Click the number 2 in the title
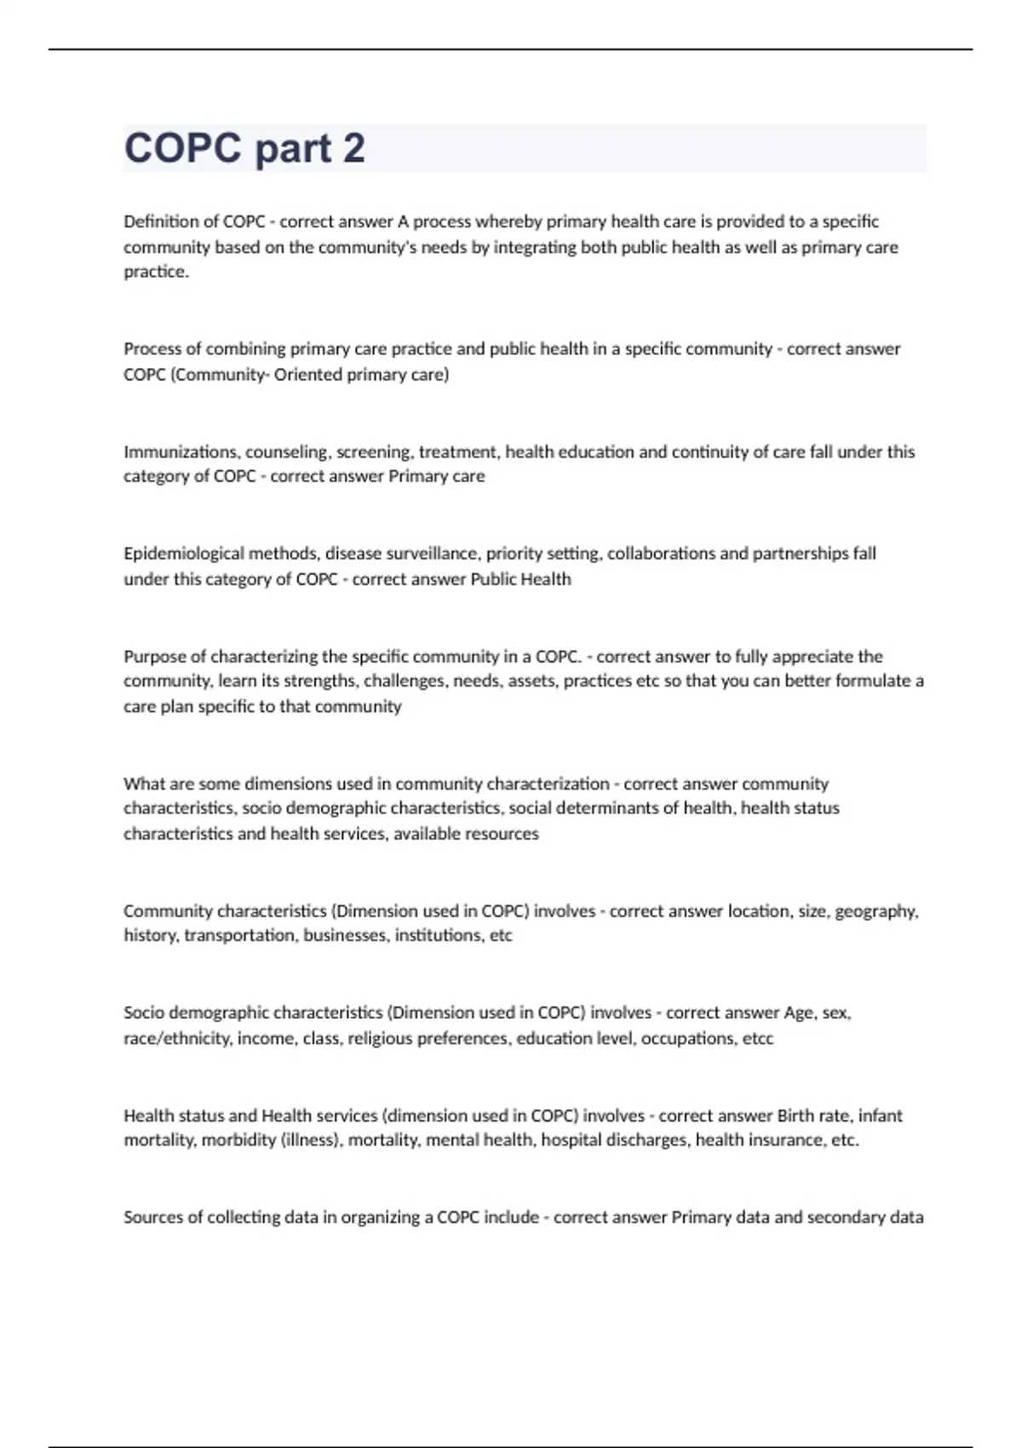coord(353,148)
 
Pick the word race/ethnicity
coord(176,1038)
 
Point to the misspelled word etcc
coord(757,1038)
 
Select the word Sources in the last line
coord(152,1217)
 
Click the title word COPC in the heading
coord(182,148)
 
